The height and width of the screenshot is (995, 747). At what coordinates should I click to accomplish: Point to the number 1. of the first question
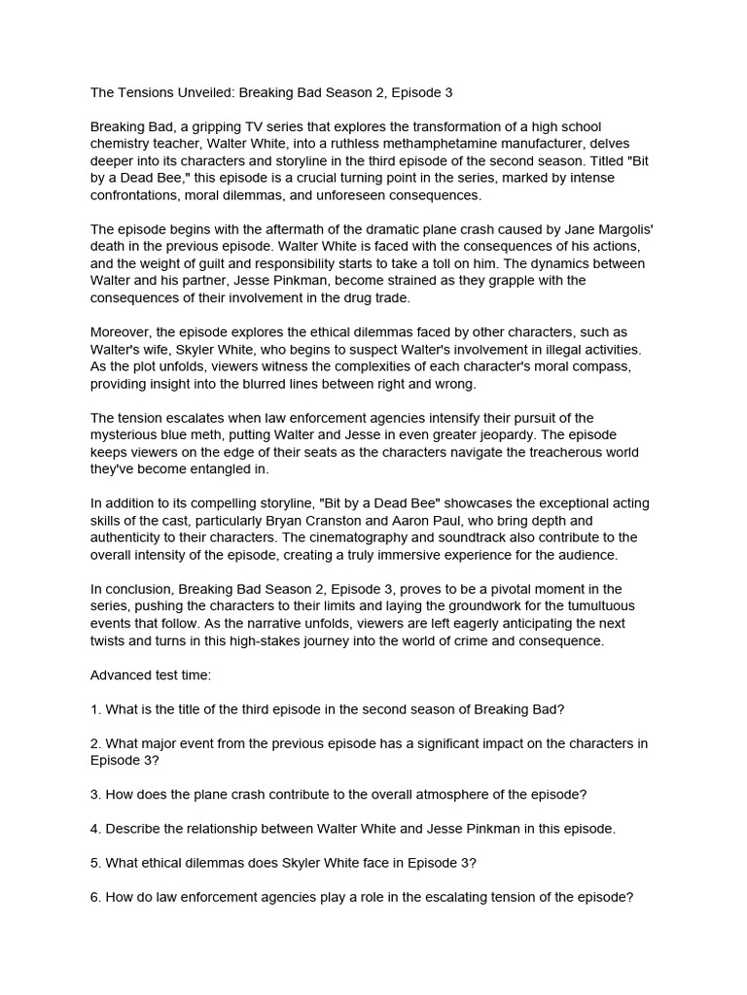point(95,709)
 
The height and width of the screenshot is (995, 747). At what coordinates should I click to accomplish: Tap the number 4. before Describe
point(95,829)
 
